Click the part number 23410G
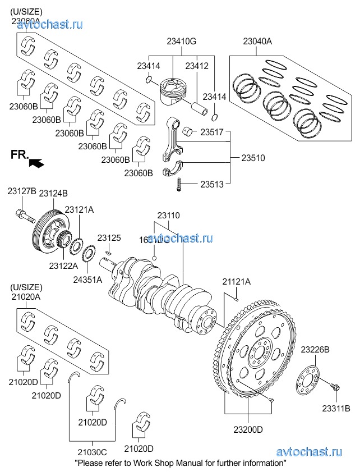click(x=181, y=41)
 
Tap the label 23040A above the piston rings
click(x=257, y=41)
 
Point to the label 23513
click(x=212, y=183)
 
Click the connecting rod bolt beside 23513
click(x=179, y=184)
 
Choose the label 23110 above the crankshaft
click(x=168, y=216)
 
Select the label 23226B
click(x=315, y=350)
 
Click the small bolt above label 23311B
click(x=336, y=387)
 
